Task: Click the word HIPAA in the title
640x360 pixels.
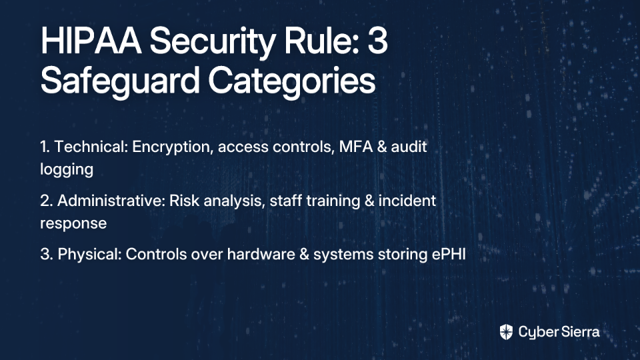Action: pos(91,41)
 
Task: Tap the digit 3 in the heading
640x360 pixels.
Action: pos(377,41)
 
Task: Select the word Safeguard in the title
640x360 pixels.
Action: pos(120,81)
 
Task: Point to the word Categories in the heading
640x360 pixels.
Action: pos(291,81)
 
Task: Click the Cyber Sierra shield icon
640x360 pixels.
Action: pos(506,332)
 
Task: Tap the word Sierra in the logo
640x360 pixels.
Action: pos(579,332)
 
